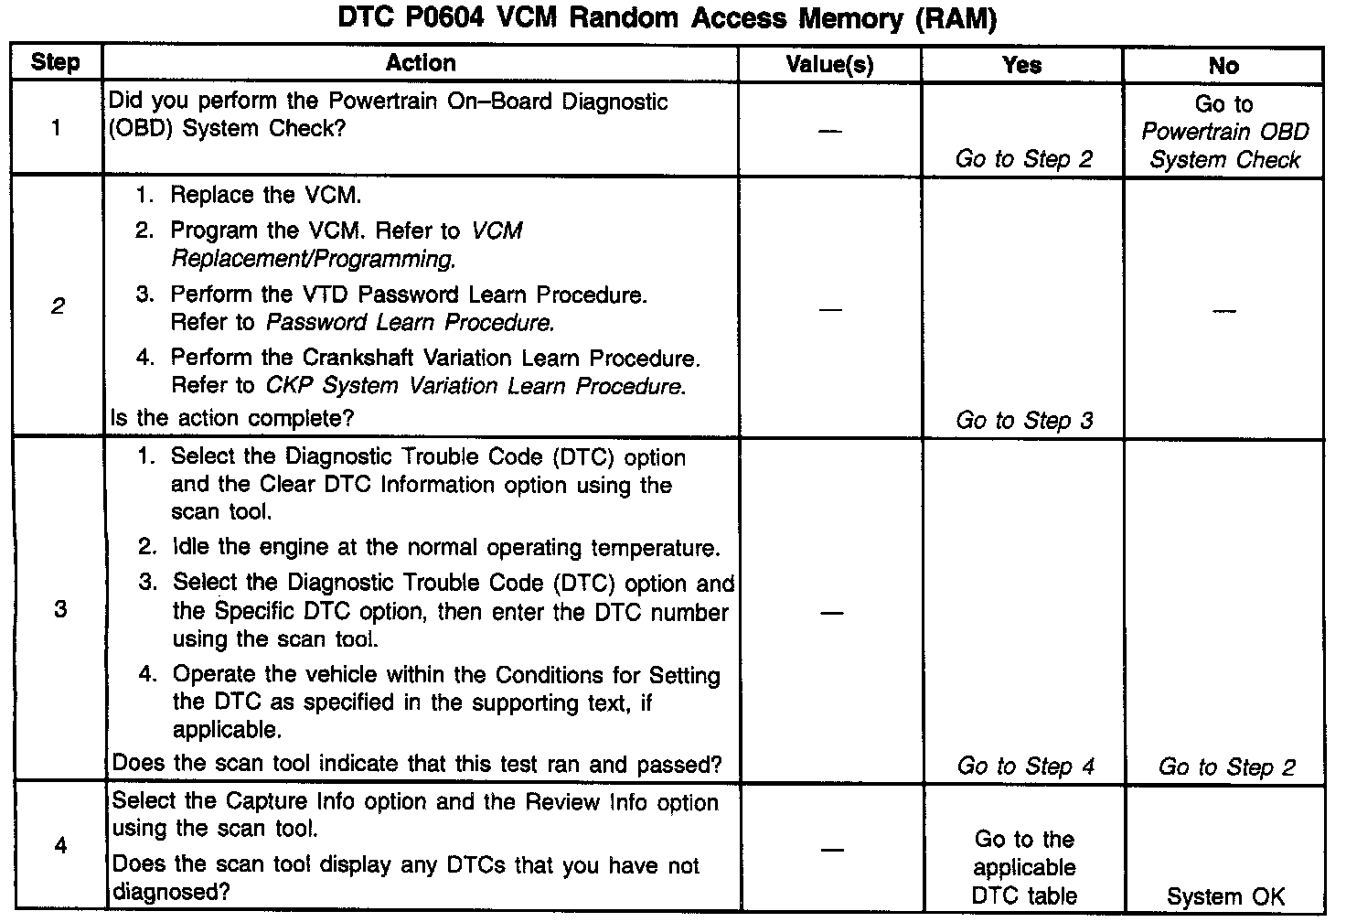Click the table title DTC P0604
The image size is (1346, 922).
667,19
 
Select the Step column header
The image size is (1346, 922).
55,63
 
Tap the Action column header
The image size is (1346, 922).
420,63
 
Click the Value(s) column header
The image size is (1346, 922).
829,65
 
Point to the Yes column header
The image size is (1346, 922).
1021,65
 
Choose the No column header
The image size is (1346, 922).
1223,66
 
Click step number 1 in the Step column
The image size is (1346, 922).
56,128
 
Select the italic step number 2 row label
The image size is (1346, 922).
58,306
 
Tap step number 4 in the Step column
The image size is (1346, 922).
60,845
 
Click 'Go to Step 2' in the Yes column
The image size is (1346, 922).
1023,159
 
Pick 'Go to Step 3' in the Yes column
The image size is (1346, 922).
1023,421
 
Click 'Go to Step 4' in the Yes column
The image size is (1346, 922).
1025,767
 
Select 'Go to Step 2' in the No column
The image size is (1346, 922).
1226,767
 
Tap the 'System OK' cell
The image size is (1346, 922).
1225,897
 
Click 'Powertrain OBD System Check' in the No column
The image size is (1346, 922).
1224,146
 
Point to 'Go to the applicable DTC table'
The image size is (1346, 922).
1024,868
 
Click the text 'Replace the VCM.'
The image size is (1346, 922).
265,196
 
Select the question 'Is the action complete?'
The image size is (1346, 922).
232,418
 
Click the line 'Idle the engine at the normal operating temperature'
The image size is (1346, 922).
445,548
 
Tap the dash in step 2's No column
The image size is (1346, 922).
1223,311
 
